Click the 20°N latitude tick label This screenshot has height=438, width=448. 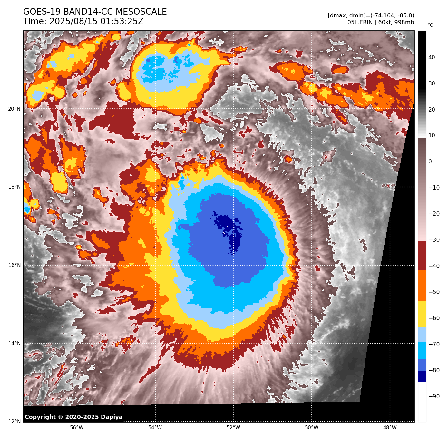click(x=14, y=109)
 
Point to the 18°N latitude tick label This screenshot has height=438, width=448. click(x=14, y=187)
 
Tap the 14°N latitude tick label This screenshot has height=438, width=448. click(x=14, y=344)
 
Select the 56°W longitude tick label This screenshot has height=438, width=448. click(x=77, y=428)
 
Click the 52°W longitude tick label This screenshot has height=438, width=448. click(x=233, y=428)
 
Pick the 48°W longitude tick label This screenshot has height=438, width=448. click(x=390, y=428)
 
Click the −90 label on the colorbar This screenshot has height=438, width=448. click(x=434, y=396)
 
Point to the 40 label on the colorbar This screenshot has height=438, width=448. click(x=432, y=58)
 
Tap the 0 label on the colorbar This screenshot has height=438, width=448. click(x=430, y=162)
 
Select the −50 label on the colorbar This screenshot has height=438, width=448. click(x=434, y=292)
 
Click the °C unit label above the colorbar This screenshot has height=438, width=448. click(x=430, y=25)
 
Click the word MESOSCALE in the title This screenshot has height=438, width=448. click(x=141, y=12)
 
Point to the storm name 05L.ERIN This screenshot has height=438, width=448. click(x=360, y=22)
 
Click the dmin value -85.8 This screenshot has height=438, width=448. click(x=405, y=15)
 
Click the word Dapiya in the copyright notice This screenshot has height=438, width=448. click(x=112, y=417)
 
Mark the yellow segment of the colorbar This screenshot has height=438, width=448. click(x=422, y=314)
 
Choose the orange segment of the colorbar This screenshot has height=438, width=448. click(x=422, y=286)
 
